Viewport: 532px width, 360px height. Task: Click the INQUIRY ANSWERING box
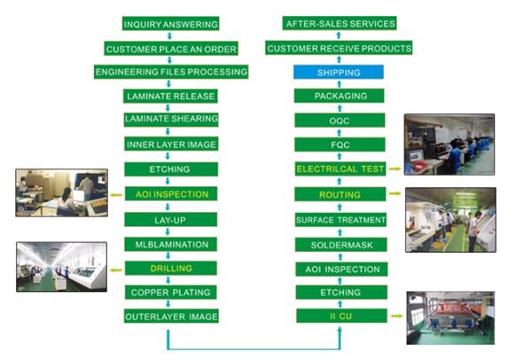171,24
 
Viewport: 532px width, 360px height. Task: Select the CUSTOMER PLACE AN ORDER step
171,48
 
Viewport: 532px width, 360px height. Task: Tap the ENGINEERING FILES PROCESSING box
171,71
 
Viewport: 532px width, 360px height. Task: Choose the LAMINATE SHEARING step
171,119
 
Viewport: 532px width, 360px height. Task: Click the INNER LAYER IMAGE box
171,144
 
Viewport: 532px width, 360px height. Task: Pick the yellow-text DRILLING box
171,267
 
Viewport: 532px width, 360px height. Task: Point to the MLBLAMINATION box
171,243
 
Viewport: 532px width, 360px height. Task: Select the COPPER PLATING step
171,292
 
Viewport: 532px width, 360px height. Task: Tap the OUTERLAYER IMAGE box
171,316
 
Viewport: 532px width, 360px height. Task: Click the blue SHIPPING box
340,72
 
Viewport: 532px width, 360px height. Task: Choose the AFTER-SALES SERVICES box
340,24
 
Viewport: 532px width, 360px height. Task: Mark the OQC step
340,120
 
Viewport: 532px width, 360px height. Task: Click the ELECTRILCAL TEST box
340,168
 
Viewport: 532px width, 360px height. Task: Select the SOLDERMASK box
340,243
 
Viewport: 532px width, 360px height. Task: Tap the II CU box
340,316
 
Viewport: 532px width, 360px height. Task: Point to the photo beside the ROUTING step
450,219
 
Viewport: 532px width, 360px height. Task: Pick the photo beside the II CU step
450,317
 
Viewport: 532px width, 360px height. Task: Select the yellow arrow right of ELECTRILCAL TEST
394,168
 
